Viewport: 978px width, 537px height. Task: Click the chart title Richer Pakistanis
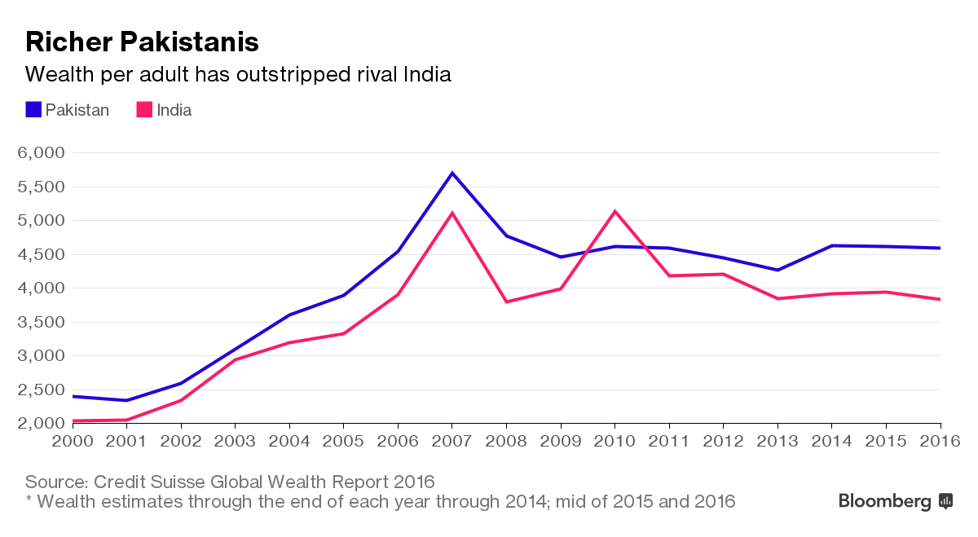(142, 42)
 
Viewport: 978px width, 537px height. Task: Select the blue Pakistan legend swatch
(33, 110)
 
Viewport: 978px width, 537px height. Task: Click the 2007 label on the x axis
(452, 441)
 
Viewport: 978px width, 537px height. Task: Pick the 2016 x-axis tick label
(940, 441)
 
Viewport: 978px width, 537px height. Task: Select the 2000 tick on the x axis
(73, 441)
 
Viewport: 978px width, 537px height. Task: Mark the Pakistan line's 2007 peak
(452, 173)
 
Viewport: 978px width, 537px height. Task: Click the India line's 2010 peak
(615, 212)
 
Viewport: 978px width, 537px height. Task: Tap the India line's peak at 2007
(452, 213)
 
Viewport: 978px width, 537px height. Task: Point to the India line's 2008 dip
(506, 302)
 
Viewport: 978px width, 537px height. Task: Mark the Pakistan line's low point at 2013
(778, 270)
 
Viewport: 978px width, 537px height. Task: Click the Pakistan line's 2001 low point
(126, 400)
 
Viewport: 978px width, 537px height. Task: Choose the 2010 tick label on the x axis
(615, 441)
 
